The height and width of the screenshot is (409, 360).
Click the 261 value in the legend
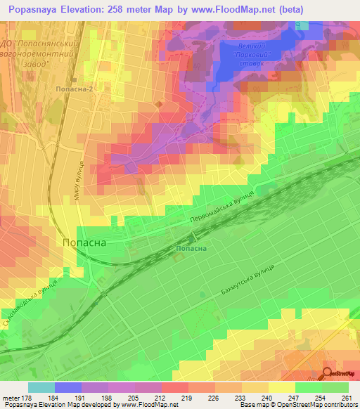[348, 398]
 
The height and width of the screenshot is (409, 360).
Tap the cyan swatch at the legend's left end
[41, 387]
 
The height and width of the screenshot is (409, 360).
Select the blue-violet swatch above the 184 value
[67, 387]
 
